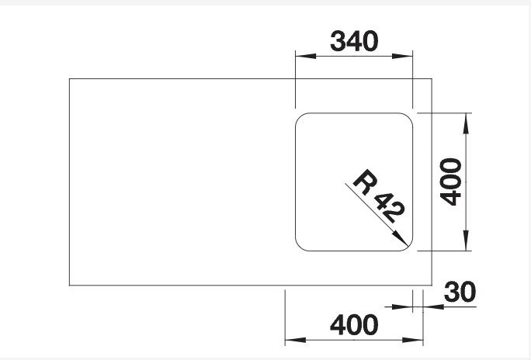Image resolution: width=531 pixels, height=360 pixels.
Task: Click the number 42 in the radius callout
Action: (x=389, y=208)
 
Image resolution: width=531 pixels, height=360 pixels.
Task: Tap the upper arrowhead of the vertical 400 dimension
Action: (x=465, y=115)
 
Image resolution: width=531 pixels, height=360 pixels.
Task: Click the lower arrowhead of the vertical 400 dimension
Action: (x=465, y=249)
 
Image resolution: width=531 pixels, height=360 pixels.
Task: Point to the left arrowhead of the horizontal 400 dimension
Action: (x=288, y=339)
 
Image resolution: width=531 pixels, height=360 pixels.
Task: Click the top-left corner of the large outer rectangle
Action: (x=70, y=78)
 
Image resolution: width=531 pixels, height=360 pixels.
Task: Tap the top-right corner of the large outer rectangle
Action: (x=432, y=78)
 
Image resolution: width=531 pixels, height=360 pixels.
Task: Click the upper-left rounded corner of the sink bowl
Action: (x=300, y=119)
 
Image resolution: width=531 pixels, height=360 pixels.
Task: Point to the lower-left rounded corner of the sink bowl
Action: (x=300, y=246)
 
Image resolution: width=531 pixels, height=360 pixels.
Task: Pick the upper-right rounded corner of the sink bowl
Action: (x=407, y=119)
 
